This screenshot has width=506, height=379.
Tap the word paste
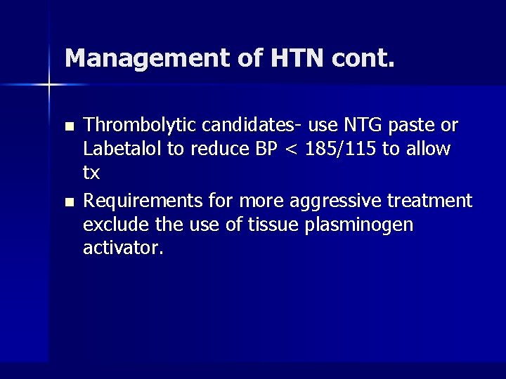click(413, 126)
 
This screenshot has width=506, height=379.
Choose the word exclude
click(110, 225)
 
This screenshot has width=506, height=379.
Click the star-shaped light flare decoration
click(49, 85)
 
